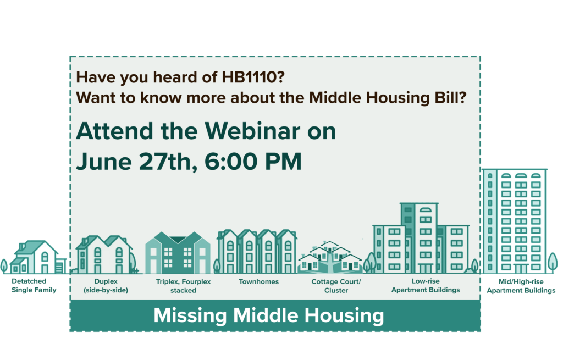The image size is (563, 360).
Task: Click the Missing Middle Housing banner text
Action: click(268, 315)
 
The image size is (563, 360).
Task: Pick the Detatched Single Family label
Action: click(34, 285)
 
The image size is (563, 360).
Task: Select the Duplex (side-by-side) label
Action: click(106, 286)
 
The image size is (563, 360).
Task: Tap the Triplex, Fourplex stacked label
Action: click(183, 286)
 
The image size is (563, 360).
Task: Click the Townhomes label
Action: click(258, 282)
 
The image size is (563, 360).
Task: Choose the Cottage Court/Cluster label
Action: click(336, 286)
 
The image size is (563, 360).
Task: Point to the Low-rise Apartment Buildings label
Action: click(426, 285)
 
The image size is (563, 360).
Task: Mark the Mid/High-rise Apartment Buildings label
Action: click(521, 286)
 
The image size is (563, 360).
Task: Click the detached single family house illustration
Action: click(38, 257)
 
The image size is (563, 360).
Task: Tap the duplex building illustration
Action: click(104, 254)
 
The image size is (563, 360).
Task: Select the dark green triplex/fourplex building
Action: click(178, 253)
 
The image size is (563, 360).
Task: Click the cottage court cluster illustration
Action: click(330, 257)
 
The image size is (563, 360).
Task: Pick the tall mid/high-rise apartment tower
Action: click(515, 221)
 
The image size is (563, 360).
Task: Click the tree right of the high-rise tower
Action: click(553, 263)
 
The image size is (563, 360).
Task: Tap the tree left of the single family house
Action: click(4, 266)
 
